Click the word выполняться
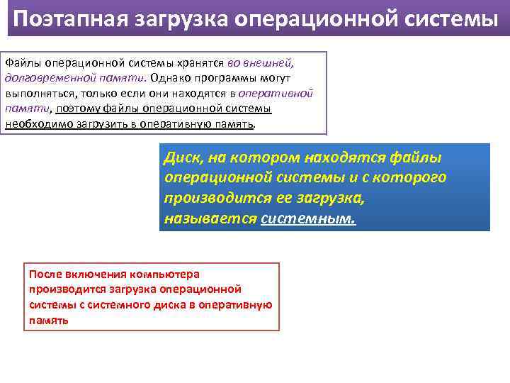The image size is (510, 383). click(x=38, y=93)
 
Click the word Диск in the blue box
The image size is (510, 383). click(x=183, y=157)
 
